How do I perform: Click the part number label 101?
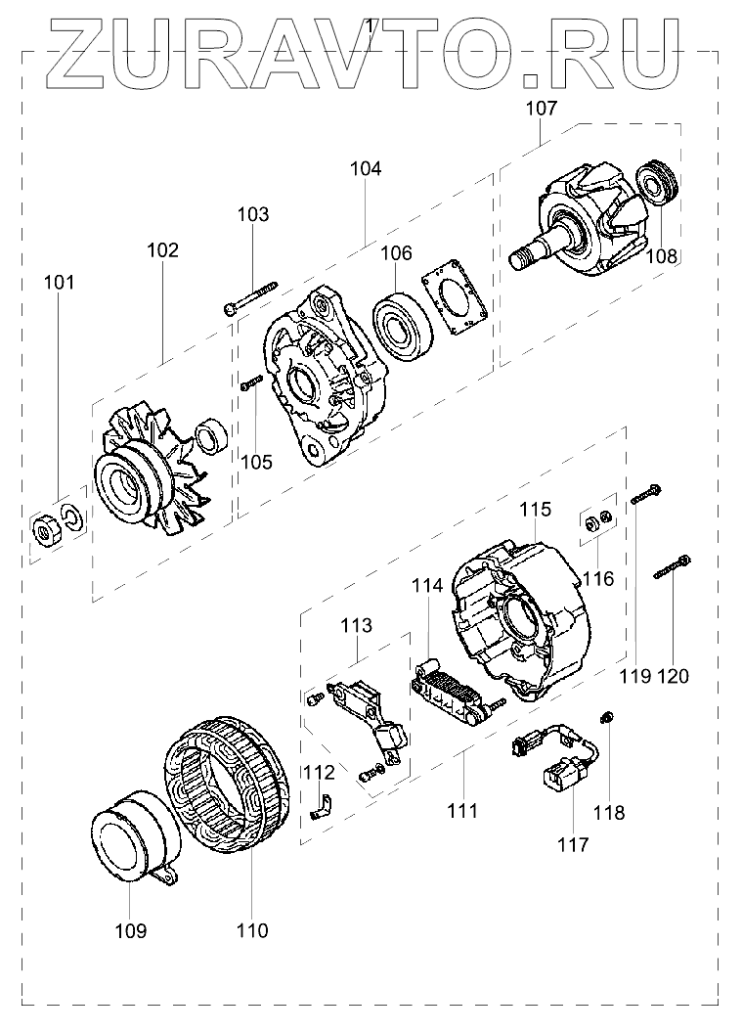coord(59,284)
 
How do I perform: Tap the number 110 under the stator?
coord(252,930)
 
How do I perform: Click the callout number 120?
coord(674,676)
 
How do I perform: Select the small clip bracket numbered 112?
coord(321,809)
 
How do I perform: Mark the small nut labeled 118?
coord(606,720)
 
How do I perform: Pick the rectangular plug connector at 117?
coord(560,780)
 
